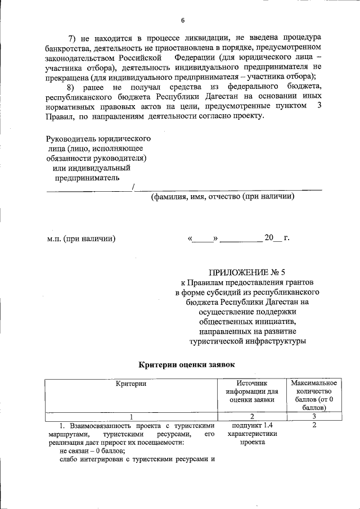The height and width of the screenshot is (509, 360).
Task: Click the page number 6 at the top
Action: [182, 21]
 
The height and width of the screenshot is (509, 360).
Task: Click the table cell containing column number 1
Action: [131, 416]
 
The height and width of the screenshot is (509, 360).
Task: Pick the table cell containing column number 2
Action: [252, 416]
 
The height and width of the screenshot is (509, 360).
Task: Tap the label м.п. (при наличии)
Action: [82, 238]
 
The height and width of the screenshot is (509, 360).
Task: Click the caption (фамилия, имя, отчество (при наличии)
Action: [222, 197]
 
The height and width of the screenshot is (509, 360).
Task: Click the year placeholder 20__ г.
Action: [277, 238]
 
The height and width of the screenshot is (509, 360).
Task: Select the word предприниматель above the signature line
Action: [87, 178]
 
